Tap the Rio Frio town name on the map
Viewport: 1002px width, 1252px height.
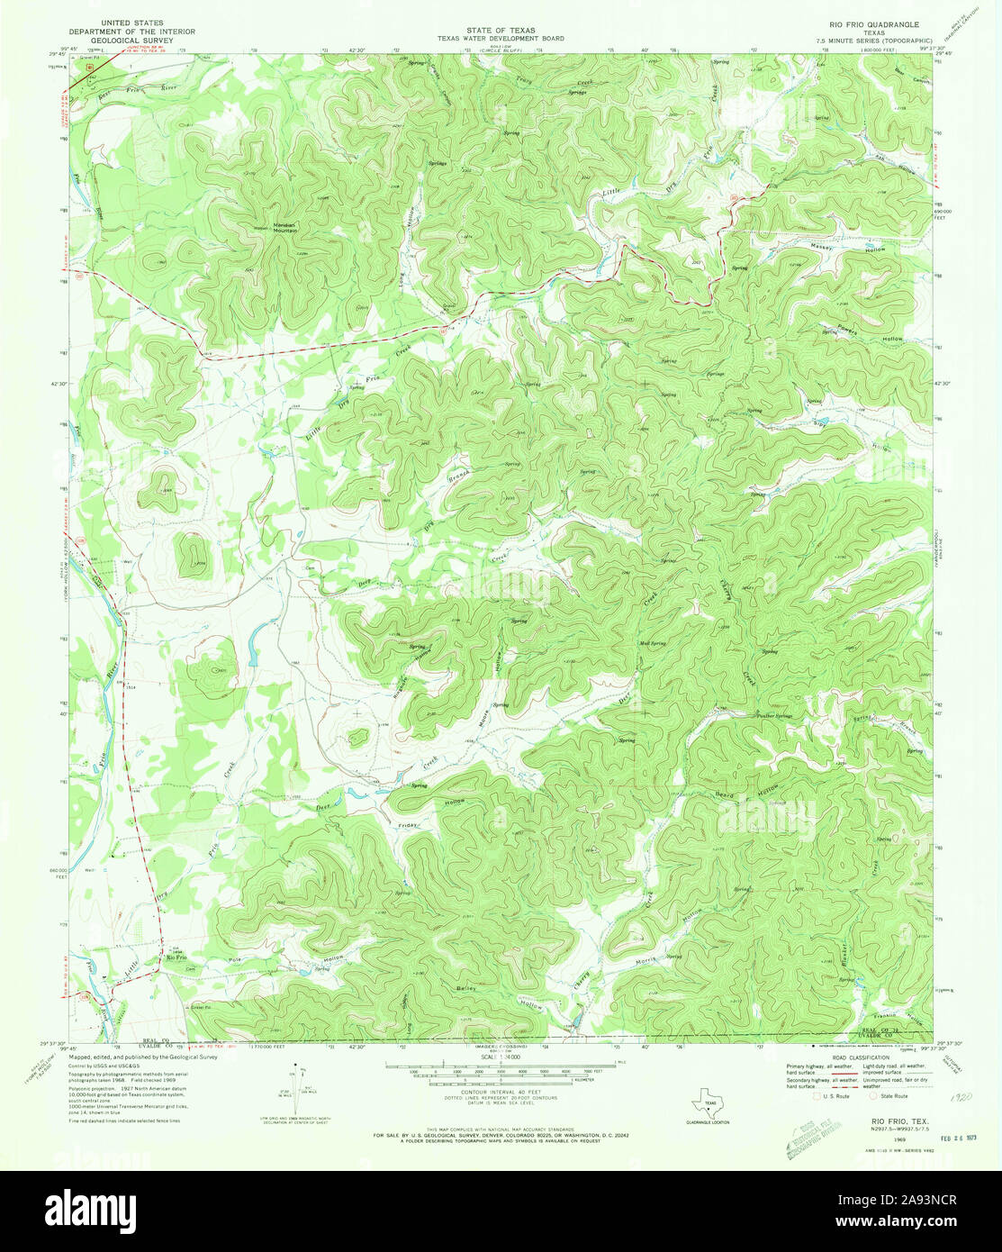(176, 957)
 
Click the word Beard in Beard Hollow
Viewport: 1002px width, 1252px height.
(725, 796)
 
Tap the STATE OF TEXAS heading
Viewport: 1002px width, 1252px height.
(501, 30)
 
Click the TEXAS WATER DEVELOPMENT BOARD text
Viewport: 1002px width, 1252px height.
(501, 39)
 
